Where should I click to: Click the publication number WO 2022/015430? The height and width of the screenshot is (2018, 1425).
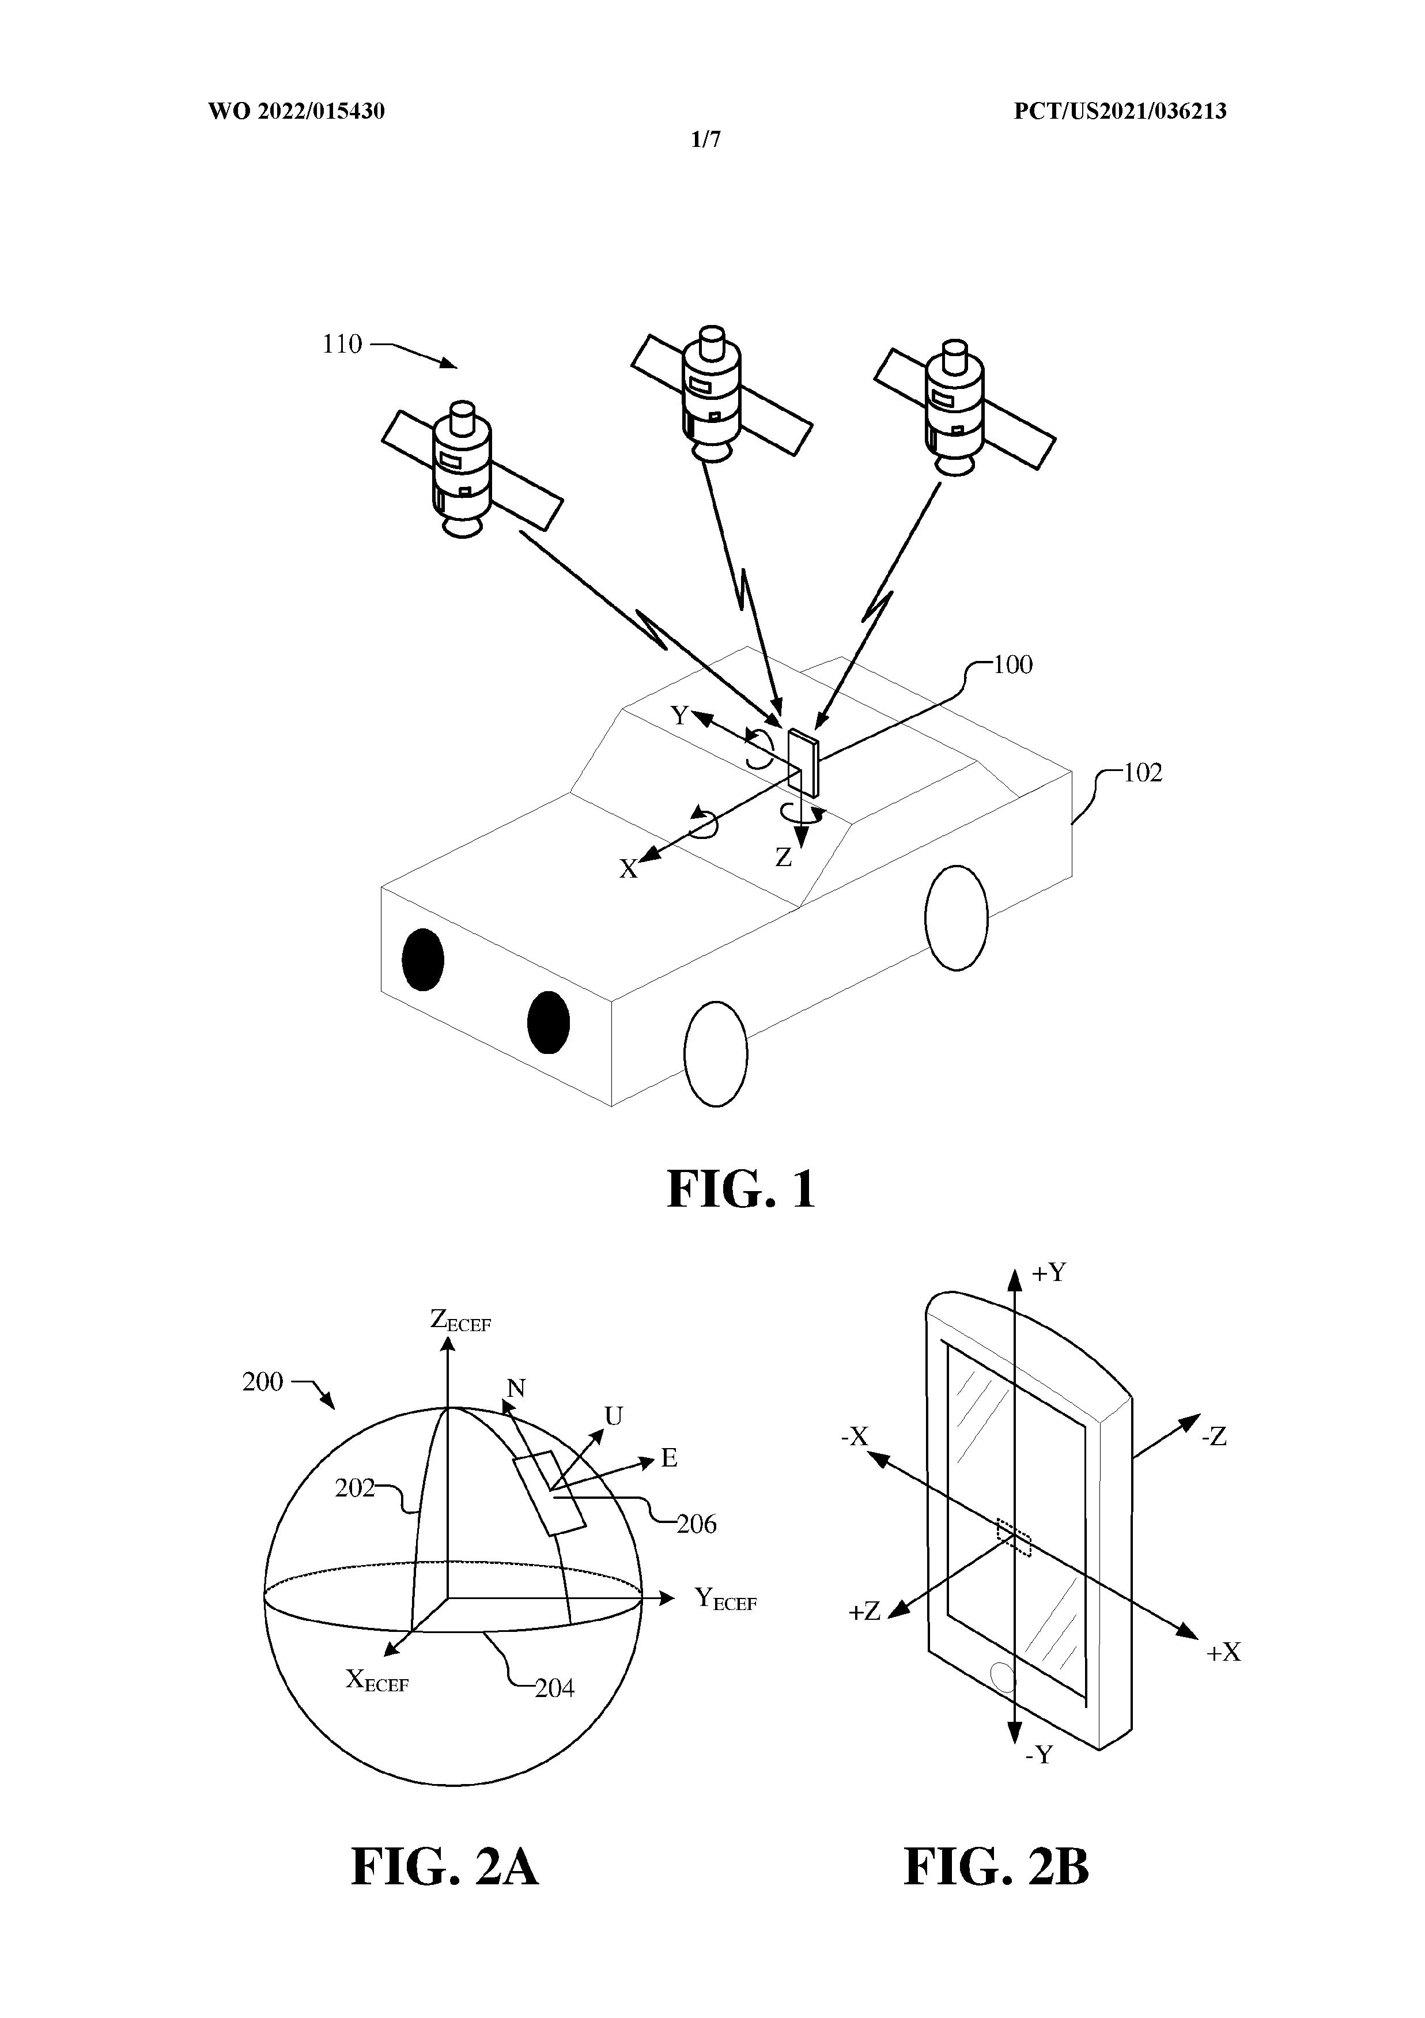tap(296, 112)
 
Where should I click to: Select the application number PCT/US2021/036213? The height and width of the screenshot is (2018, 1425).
tap(1120, 112)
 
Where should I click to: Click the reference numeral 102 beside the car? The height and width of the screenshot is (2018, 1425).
tap(1142, 773)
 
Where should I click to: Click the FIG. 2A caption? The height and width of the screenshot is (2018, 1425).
tap(445, 1891)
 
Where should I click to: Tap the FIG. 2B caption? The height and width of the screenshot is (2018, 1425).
tap(997, 1891)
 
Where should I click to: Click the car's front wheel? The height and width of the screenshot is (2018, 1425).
tap(716, 1055)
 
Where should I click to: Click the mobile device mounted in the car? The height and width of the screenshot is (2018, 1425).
tap(803, 762)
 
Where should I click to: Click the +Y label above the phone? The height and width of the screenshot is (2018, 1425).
tap(1048, 1273)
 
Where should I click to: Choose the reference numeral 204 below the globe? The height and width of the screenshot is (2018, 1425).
tap(555, 1688)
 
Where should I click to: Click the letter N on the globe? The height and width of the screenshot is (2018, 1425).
tap(516, 1388)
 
